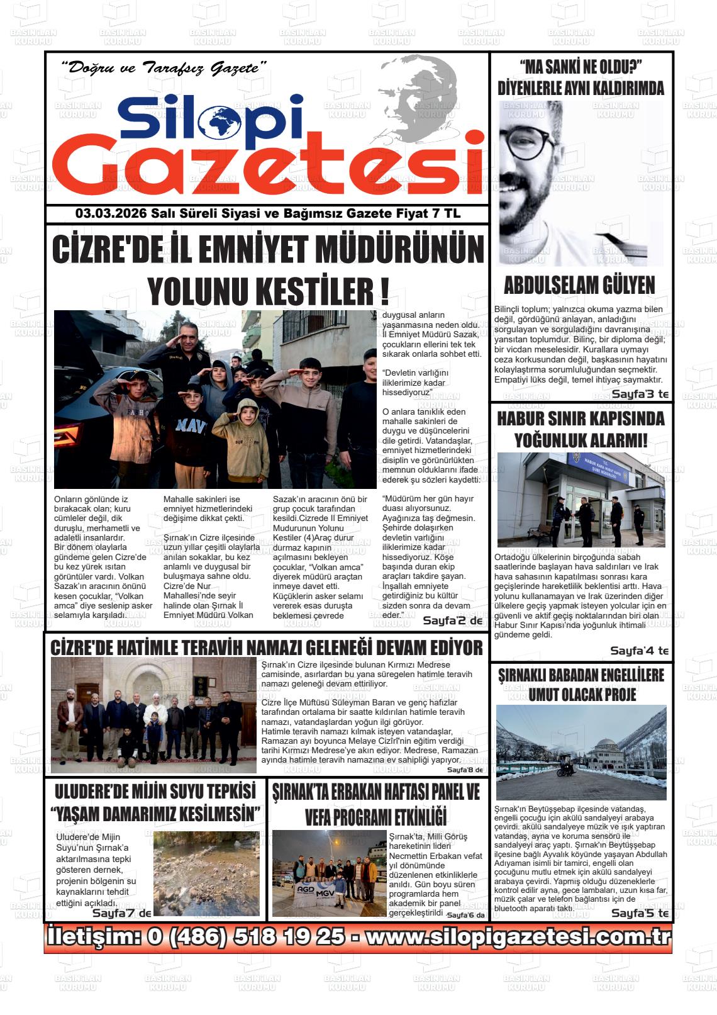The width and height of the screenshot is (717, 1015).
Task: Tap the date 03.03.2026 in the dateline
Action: (111, 214)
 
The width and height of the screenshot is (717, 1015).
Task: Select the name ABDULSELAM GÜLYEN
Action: (579, 285)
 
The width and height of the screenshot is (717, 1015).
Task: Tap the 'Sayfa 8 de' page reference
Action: (464, 770)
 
